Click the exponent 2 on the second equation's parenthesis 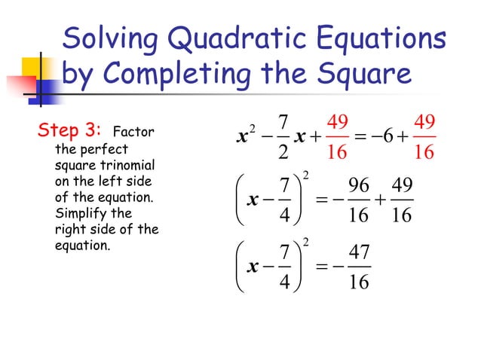(305, 176)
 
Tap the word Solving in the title (104, 39)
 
